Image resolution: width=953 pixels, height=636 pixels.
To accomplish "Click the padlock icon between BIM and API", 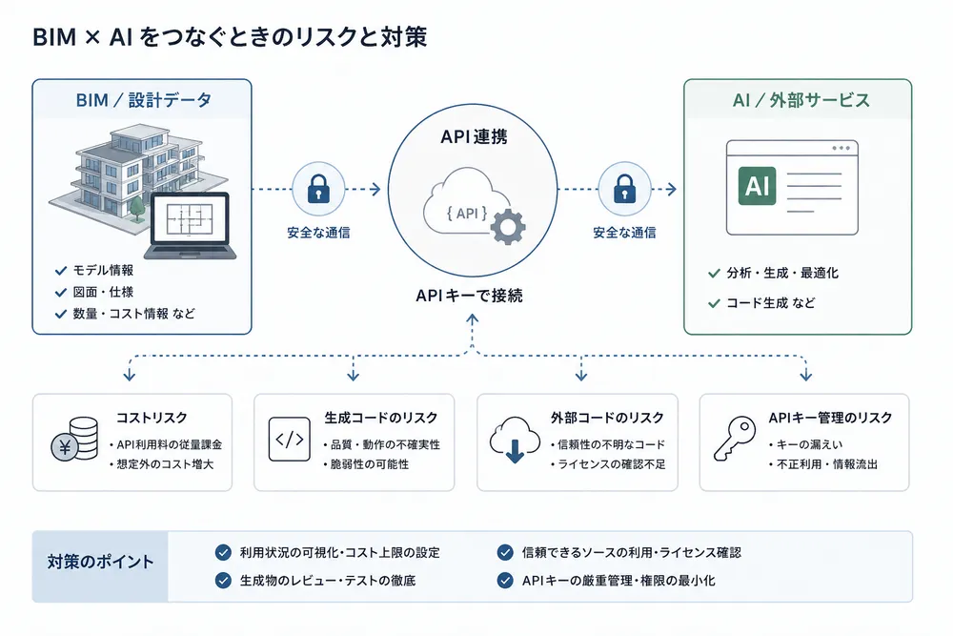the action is (x=318, y=189).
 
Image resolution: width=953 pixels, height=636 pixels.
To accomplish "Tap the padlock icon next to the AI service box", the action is (x=624, y=189).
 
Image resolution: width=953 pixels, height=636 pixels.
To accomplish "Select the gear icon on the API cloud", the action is (x=508, y=227).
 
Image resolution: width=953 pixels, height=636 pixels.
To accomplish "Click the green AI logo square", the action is (x=757, y=185).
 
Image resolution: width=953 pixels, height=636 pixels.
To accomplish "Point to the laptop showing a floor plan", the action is (x=191, y=226).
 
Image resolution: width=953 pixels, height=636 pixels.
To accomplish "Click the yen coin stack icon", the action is (x=74, y=439).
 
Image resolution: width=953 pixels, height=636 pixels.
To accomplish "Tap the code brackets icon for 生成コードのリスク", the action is (x=290, y=439).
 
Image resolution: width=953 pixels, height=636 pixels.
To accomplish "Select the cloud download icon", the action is (x=515, y=440).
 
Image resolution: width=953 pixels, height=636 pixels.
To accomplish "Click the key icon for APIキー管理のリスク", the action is (x=734, y=439).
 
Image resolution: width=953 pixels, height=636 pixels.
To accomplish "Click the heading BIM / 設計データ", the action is (x=144, y=100).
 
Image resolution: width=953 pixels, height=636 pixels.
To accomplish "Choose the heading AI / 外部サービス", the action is (x=801, y=100).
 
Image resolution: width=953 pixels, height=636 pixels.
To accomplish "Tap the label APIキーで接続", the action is (x=469, y=296).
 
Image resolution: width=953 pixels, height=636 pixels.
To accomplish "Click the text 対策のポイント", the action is (x=100, y=562).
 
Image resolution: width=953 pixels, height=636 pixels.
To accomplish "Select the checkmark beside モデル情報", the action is (x=61, y=271).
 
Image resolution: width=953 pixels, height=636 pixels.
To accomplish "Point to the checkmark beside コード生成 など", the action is (x=714, y=303).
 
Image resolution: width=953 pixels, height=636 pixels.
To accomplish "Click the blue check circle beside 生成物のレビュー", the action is (x=223, y=580).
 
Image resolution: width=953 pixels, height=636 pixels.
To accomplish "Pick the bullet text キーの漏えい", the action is (x=809, y=444).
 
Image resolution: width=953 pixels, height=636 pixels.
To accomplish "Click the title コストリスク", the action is (x=152, y=418).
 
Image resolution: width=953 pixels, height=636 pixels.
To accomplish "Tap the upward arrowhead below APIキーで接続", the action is (x=473, y=318).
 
